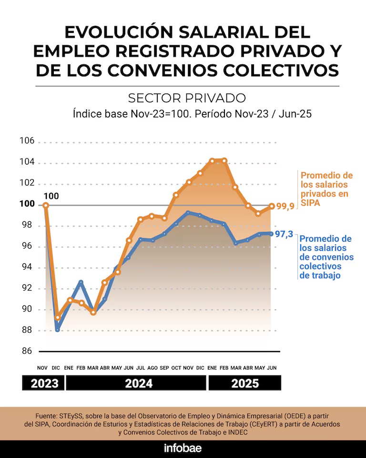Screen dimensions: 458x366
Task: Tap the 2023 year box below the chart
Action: click(43, 383)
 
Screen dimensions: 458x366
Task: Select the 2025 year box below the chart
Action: click(244, 383)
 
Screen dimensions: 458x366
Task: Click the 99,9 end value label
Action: click(285, 206)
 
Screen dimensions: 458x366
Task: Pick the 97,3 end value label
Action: click(284, 234)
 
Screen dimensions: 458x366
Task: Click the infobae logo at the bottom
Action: click(183, 448)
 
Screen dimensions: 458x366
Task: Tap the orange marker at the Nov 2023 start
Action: click(46, 206)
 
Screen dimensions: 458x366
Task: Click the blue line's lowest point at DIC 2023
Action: click(58, 329)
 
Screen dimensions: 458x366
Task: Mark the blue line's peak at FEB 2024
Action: click(81, 282)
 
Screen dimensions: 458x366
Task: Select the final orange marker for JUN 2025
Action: click(272, 206)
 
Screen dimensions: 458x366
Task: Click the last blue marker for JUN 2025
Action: click(272, 234)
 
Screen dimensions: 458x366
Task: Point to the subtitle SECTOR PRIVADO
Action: click(187, 98)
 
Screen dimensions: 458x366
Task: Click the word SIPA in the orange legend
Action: click(310, 203)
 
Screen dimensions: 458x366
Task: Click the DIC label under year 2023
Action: click(57, 368)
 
